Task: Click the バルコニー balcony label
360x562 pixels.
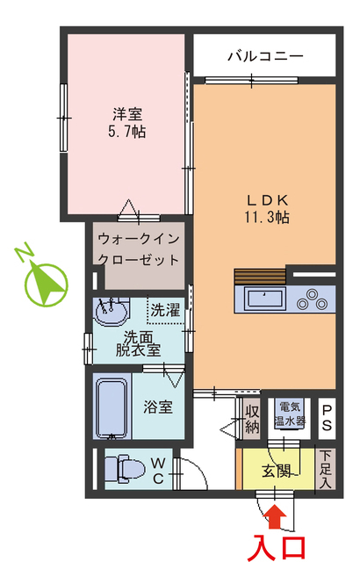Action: pos(265,56)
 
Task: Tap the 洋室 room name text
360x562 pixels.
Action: pos(127,114)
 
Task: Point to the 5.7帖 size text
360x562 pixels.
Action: pos(127,131)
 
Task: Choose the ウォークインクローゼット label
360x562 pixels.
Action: pos(140,249)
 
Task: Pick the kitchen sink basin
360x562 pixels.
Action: pos(264,299)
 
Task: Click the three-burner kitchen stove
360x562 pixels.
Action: pos(313,300)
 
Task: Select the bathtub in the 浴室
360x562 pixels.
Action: pos(112,406)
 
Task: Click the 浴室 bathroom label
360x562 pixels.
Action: pos(158,407)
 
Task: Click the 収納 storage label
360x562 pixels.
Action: pos(252,420)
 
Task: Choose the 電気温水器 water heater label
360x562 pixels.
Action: pos(291,414)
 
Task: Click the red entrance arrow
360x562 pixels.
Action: pos(276,517)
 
